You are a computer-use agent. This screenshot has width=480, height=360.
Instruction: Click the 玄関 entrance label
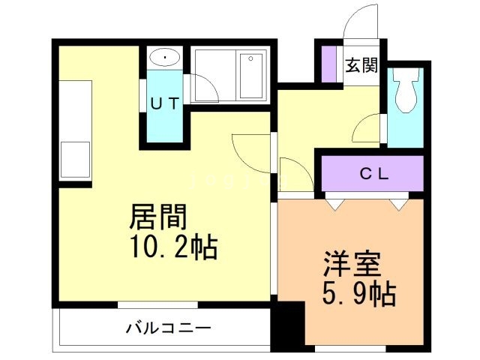(361, 66)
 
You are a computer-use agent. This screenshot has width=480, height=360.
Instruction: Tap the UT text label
(163, 104)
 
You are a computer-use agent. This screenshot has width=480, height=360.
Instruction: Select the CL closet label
(373, 174)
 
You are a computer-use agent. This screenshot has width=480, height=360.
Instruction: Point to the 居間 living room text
(158, 218)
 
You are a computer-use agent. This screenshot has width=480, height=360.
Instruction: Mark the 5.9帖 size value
(360, 294)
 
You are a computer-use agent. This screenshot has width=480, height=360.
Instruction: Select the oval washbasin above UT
(163, 57)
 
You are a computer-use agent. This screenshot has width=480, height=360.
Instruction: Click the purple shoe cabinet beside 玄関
(328, 64)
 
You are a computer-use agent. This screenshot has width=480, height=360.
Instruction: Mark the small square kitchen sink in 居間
(74, 159)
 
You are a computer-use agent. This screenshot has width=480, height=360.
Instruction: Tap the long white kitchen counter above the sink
(74, 109)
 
